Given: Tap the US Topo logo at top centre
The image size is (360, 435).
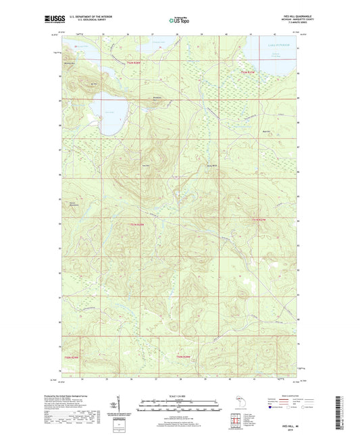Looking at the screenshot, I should (178, 20).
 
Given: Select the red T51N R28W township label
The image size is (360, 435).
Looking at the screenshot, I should (136, 224).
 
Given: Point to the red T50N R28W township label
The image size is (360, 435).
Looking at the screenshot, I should (184, 356).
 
